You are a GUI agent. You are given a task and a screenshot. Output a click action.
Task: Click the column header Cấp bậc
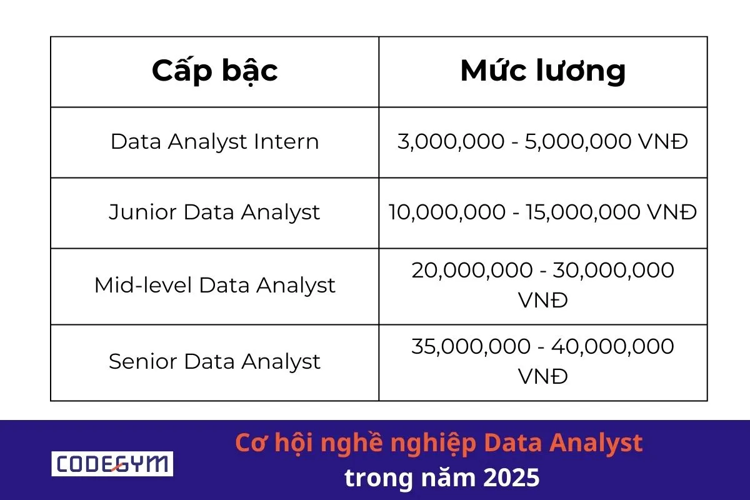(x=214, y=71)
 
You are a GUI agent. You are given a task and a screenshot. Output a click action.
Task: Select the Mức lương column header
(x=542, y=71)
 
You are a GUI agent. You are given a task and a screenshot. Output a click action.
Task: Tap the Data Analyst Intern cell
(x=214, y=142)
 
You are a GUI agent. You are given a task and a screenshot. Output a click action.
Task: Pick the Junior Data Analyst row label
(x=214, y=212)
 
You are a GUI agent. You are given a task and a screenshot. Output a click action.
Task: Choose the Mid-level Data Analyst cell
(x=214, y=286)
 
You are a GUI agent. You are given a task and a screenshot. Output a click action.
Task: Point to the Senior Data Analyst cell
(x=214, y=362)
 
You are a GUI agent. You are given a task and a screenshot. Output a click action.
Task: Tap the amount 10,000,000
(x=446, y=212)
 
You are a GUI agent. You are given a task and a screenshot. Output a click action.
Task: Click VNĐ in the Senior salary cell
(x=542, y=376)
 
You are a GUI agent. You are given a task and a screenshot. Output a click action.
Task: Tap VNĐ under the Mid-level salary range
(x=542, y=301)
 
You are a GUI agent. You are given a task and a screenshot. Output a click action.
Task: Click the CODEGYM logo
(x=112, y=464)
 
